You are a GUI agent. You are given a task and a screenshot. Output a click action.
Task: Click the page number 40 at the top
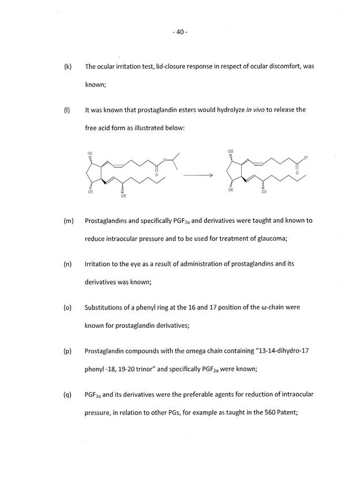tap(180, 32)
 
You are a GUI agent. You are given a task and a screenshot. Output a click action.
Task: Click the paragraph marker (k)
tap(67, 67)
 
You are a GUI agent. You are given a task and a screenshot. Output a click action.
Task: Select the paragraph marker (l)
tap(67, 110)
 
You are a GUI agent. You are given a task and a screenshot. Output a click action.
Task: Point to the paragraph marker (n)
tap(67, 264)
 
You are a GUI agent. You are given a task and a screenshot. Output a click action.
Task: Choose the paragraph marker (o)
tap(67, 307)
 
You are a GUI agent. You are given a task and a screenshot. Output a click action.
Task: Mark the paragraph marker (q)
tap(67, 394)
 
